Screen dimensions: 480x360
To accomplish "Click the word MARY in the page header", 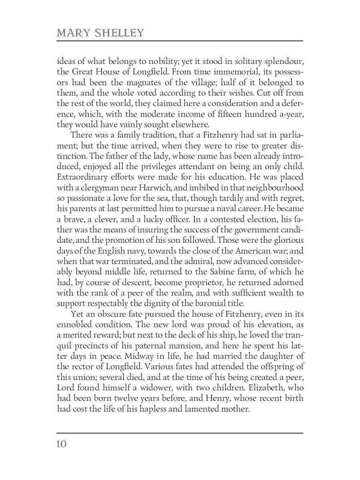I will (72, 33).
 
